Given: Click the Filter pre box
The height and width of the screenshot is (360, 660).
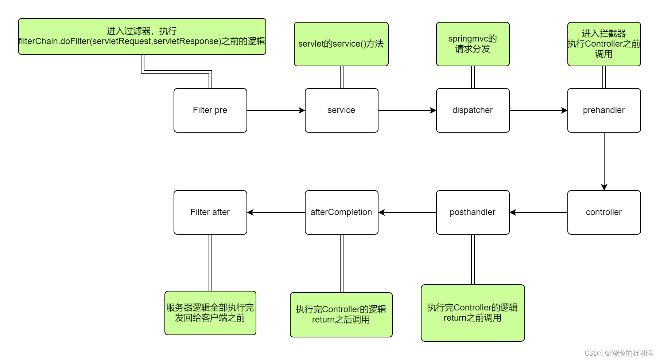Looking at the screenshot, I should coord(210,110).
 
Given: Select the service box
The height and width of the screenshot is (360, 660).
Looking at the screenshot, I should coord(341,110).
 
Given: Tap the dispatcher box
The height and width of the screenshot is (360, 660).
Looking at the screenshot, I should coord(473,110).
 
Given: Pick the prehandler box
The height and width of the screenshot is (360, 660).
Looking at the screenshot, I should coord(604,110).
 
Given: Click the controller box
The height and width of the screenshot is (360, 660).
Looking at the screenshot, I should coord(604,212).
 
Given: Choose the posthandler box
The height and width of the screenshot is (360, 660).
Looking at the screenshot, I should coord(473,212).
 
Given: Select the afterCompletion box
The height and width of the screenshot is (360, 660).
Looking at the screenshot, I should coord(341,212).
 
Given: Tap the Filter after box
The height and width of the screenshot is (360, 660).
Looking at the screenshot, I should coord(210,212).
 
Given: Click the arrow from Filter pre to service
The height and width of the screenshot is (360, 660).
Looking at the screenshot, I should coord(276,110).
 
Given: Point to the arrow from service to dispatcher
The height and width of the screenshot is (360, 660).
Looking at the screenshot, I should coord(407,110).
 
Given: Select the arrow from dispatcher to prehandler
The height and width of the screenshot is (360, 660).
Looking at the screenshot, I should coord(538,110).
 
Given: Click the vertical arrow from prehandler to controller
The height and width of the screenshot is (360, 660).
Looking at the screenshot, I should coord(604,161).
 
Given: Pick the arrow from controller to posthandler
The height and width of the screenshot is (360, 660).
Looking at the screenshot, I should coord(538,212).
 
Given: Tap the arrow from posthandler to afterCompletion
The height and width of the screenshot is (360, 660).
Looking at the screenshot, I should coord(407,212).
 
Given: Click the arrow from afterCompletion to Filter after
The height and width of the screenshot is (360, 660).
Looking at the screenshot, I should coord(276,212).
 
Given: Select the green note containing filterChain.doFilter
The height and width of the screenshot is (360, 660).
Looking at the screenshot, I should coord(142,36).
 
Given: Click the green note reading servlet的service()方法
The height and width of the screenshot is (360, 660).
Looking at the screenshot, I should coord(341,44).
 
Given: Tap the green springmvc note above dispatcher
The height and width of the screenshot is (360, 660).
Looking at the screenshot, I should coord(473,44).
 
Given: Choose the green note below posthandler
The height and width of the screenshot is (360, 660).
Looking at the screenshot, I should coord(473,313).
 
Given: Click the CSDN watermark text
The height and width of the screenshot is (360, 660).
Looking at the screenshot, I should coord(619,353).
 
